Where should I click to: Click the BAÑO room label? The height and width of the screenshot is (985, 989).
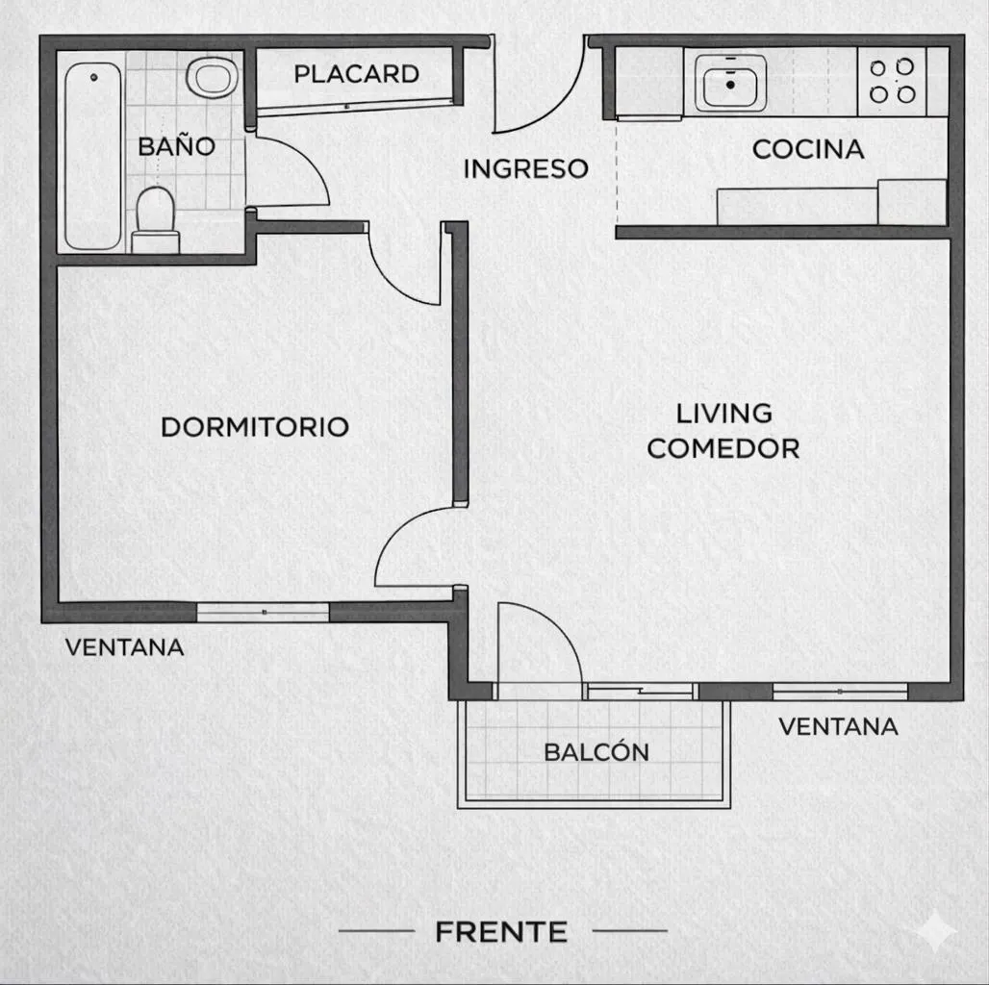pos(177,145)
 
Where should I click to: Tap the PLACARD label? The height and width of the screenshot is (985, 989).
pos(356,74)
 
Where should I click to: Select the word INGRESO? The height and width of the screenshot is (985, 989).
pos(525,168)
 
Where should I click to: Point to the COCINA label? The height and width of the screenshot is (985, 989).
pos(808,149)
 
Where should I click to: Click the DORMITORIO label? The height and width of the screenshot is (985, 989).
pos(255,427)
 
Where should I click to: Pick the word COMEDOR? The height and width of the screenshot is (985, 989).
pos(723,448)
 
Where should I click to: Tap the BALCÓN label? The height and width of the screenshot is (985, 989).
pos(596,751)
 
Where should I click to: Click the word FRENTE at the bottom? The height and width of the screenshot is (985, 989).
pos(501,932)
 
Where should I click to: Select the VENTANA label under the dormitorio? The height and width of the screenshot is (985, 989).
pos(125,647)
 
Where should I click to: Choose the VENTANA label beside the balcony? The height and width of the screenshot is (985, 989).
pos(838,726)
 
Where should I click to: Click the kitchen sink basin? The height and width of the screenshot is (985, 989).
pos(730,84)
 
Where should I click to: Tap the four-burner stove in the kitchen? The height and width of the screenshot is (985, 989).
pos(892,82)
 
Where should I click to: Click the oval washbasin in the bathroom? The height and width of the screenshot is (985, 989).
pos(213,78)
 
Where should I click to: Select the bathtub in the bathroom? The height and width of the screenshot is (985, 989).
pos(92,156)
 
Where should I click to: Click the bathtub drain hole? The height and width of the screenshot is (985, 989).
pos(93,77)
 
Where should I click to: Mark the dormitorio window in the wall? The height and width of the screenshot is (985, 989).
pos(263,612)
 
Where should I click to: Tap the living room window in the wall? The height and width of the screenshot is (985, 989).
pos(840,692)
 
